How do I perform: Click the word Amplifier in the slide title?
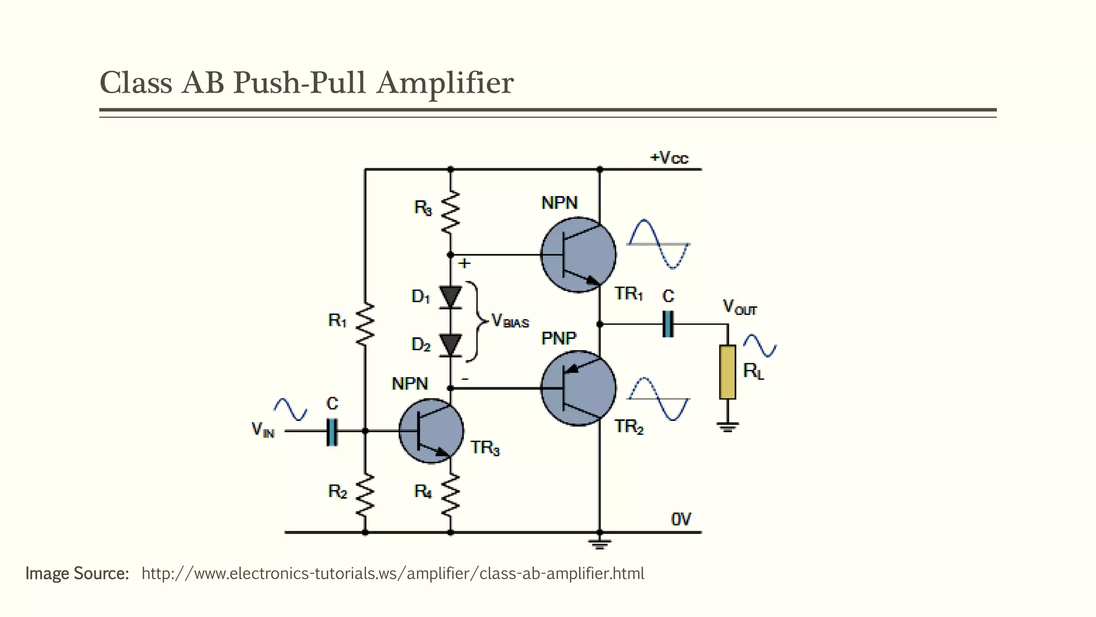pyautogui.click(x=445, y=84)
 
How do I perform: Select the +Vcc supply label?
pyautogui.click(x=669, y=158)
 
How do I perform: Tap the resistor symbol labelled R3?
pyautogui.click(x=450, y=211)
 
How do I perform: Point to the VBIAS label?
pyautogui.click(x=509, y=321)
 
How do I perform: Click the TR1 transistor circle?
pyautogui.click(x=578, y=255)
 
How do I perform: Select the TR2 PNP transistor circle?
pyautogui.click(x=578, y=388)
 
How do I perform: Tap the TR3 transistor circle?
pyautogui.click(x=431, y=431)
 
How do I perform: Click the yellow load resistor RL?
pyautogui.click(x=727, y=372)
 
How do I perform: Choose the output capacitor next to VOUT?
pyautogui.click(x=668, y=324)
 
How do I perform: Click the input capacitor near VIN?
pyautogui.click(x=332, y=431)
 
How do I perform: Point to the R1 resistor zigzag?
pyautogui.click(x=365, y=324)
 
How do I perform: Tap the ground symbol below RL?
pyautogui.click(x=727, y=427)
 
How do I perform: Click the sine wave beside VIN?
pyautogui.click(x=291, y=410)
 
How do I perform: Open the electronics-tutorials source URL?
pyautogui.click(x=392, y=574)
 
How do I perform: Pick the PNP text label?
pyautogui.click(x=559, y=338)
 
